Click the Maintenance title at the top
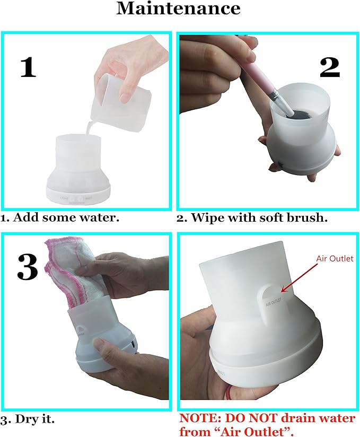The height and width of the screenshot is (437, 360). (x=178, y=8)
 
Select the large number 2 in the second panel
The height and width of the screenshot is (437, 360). (x=330, y=68)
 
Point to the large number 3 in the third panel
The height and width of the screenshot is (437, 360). (x=28, y=267)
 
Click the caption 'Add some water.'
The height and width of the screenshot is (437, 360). (x=66, y=217)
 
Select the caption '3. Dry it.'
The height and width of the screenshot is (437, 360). (x=28, y=419)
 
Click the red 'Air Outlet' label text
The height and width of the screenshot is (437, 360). (x=335, y=258)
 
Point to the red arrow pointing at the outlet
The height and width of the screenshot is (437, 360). (x=299, y=277)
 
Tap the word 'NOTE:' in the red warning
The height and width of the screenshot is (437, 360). (x=200, y=418)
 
